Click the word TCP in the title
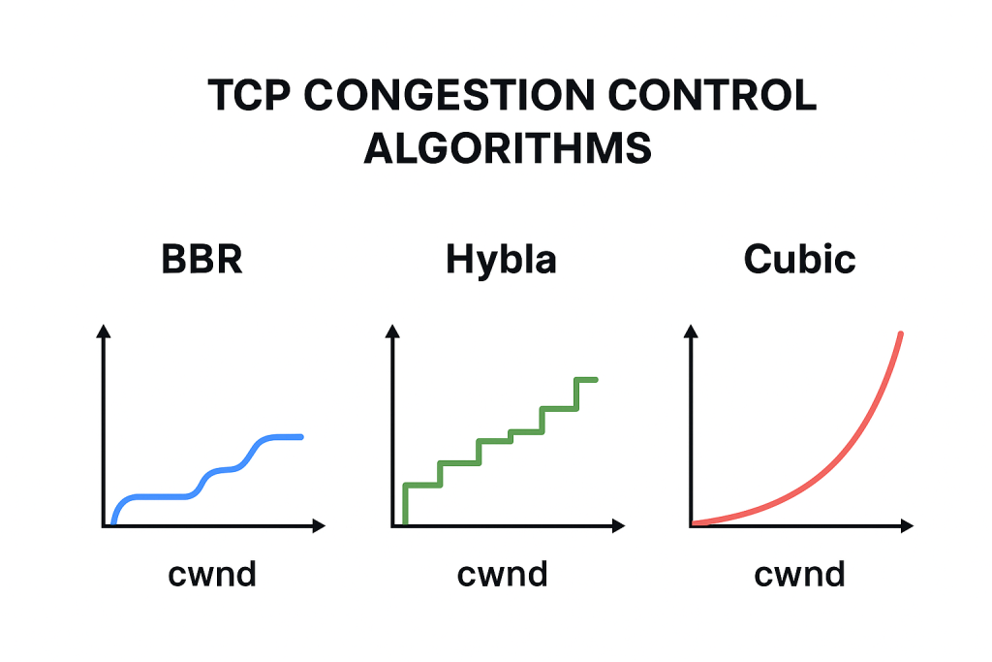coord(249,95)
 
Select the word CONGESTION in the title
coord(449,95)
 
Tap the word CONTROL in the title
coord(712,95)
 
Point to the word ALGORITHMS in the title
coord(508,148)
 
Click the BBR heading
coord(201,259)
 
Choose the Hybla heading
coord(501,260)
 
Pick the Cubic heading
coord(799,259)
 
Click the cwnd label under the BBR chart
coord(212,574)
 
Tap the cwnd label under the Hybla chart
coord(503,574)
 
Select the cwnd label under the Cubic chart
coord(799,574)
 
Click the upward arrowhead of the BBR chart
coord(104,331)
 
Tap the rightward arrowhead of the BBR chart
coord(319,525)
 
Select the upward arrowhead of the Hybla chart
coord(392,331)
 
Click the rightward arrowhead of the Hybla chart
coord(619,525)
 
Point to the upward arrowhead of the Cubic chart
coord(691,331)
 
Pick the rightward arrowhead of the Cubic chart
coord(907,525)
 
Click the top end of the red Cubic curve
coord(901,333)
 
